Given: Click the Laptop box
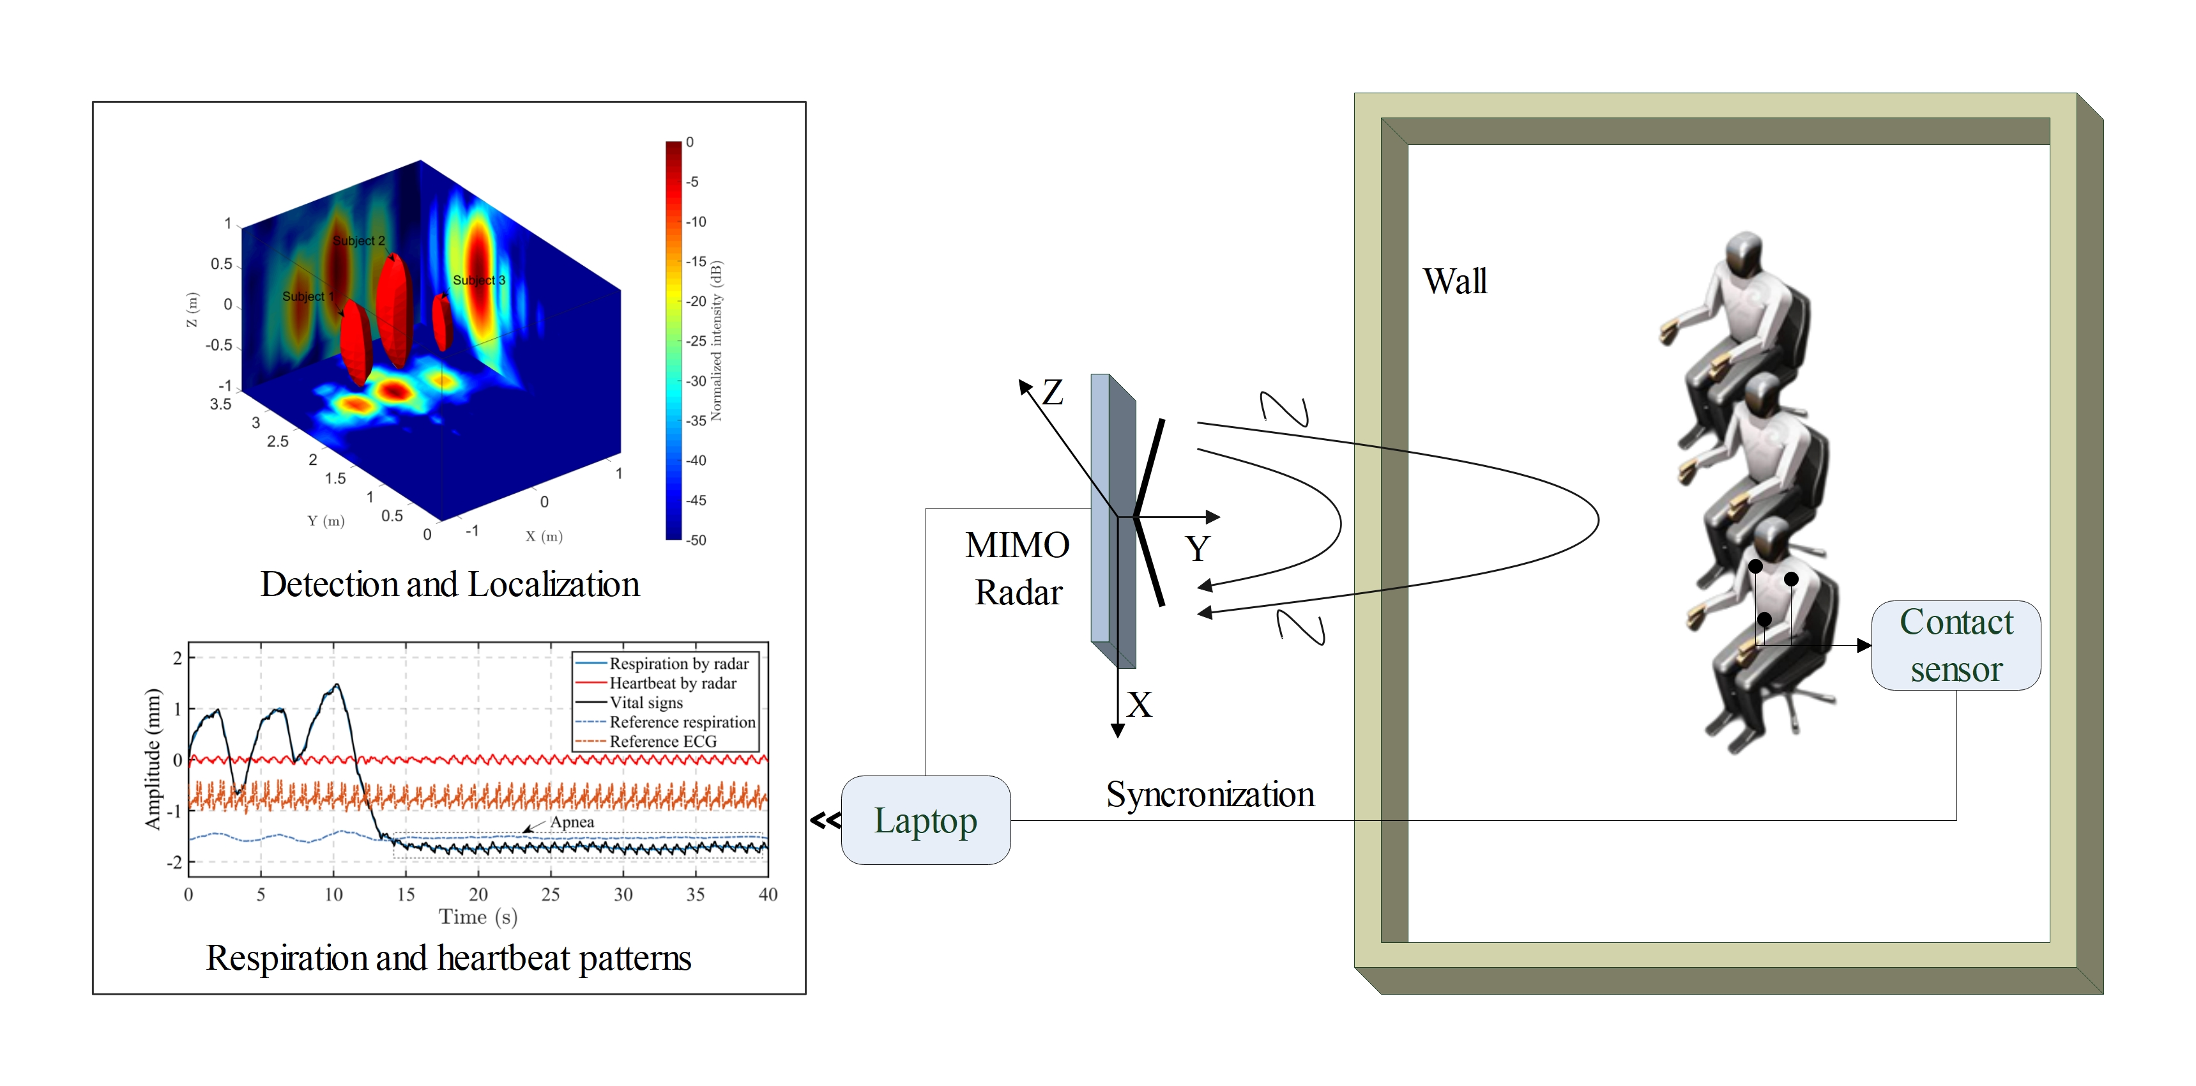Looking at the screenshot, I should tap(925, 820).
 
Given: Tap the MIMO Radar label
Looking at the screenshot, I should tap(1018, 569).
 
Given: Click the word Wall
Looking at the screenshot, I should tap(1454, 281).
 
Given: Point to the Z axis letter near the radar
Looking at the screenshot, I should tap(1053, 393).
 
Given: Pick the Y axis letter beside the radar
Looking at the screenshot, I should tap(1197, 548).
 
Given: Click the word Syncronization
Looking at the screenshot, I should tap(1210, 795).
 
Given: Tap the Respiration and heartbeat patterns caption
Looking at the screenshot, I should tap(448, 958).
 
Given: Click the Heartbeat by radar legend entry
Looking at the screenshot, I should tap(672, 683).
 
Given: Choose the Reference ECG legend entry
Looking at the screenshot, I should tap(662, 742).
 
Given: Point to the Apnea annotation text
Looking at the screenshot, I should tap(572, 822).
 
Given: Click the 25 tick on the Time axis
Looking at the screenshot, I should tap(551, 894).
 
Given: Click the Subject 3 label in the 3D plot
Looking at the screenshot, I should tap(478, 280).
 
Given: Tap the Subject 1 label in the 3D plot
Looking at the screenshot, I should tap(308, 296).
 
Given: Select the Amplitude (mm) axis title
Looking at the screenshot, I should tap(153, 759).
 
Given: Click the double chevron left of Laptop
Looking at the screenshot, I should tap(825, 820).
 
